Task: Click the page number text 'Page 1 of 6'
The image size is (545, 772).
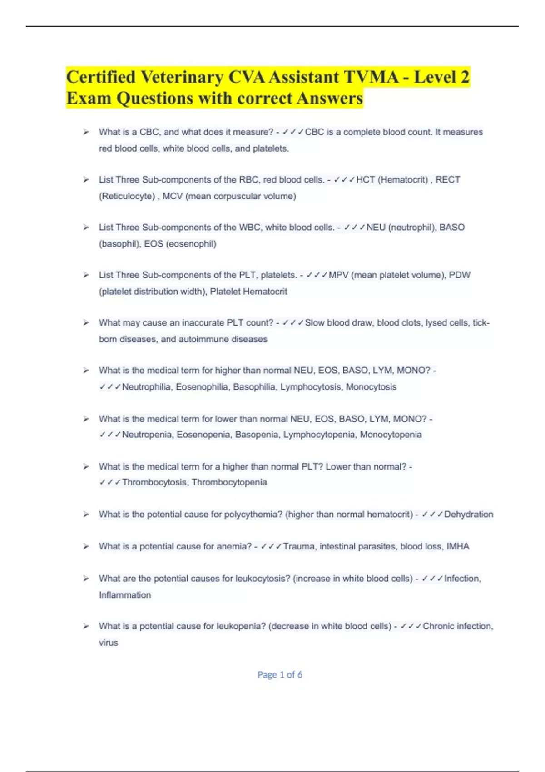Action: tap(280, 675)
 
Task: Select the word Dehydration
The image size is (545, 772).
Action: tap(468, 515)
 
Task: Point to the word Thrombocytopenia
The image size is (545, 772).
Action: tap(229, 482)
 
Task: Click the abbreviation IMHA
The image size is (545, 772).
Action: tap(458, 546)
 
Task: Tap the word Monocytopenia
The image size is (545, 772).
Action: tap(391, 435)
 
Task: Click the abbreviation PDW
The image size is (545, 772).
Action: tap(460, 275)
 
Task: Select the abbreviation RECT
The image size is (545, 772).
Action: tap(448, 180)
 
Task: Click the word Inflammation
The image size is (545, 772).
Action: tap(125, 595)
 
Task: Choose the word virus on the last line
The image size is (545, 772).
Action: tap(108, 643)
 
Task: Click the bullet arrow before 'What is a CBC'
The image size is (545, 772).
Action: tap(86, 132)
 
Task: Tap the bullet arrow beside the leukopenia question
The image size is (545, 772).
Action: tap(86, 626)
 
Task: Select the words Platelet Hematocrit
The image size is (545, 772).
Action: tap(248, 292)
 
